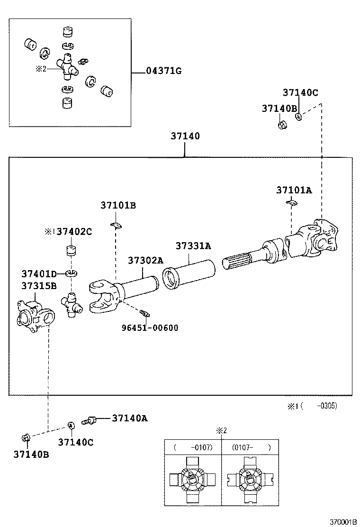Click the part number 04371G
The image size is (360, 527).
pos(163,72)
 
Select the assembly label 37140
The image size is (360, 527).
pos(185,136)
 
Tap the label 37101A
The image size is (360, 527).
pos(294,190)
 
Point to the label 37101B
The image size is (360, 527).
pos(118,205)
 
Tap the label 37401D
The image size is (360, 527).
pos(39,273)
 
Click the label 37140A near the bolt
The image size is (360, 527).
pos(130,418)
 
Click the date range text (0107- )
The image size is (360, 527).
pos(252,447)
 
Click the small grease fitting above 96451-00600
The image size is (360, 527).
pos(144,312)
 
